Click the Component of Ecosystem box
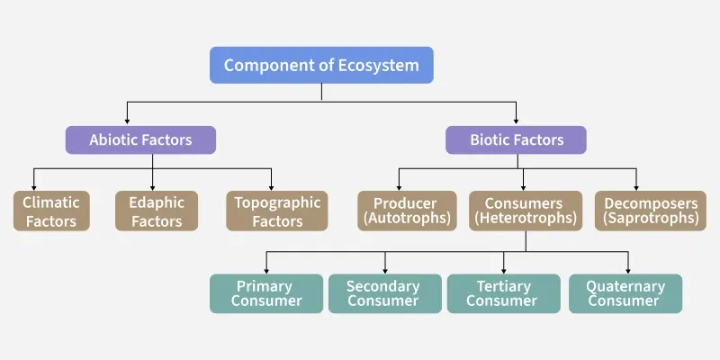pyautogui.click(x=321, y=65)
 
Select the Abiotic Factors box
pyautogui.click(x=140, y=139)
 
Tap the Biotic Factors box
pyautogui.click(x=516, y=139)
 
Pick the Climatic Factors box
pyautogui.click(x=51, y=211)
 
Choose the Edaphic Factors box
pyautogui.click(x=157, y=211)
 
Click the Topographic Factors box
pyautogui.click(x=277, y=211)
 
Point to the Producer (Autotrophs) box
pyautogui.click(x=407, y=211)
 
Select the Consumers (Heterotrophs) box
pyautogui.click(x=526, y=211)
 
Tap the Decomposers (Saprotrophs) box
pyautogui.click(x=650, y=211)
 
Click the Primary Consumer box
pyautogui.click(x=266, y=293)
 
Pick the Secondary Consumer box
pyautogui.click(x=385, y=293)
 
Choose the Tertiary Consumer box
pyautogui.click(x=504, y=293)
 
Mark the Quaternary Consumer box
pyautogui.click(x=625, y=293)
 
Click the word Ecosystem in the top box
pyautogui.click(x=378, y=65)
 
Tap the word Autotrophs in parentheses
pyautogui.click(x=407, y=218)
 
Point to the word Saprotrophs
pyautogui.click(x=651, y=218)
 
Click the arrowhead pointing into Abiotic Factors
pyautogui.click(x=127, y=121)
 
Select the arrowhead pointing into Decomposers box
pyautogui.click(x=636, y=186)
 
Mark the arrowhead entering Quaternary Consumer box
pyautogui.click(x=627, y=270)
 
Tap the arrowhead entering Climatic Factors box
pyautogui.click(x=33, y=186)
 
